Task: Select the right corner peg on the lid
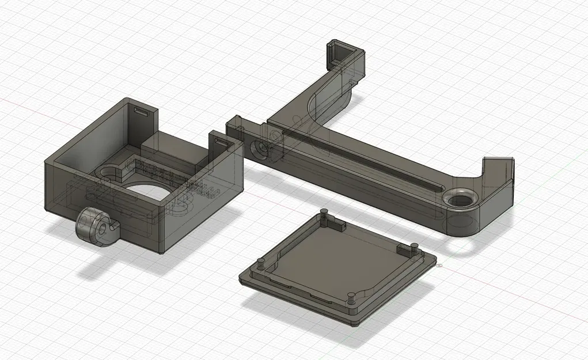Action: click(414, 247)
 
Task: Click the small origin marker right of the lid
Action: click(439, 266)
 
